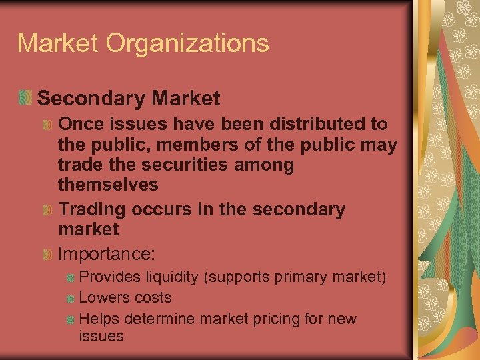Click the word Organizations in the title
point(187,44)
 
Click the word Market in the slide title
point(57,43)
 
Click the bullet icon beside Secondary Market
point(25,98)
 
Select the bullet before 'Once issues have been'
point(47,124)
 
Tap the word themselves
point(108,184)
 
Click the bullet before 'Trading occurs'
point(47,209)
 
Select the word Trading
point(92,209)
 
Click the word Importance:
point(107,254)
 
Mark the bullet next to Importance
point(47,254)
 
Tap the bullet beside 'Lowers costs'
point(69,297)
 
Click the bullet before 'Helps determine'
point(69,319)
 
